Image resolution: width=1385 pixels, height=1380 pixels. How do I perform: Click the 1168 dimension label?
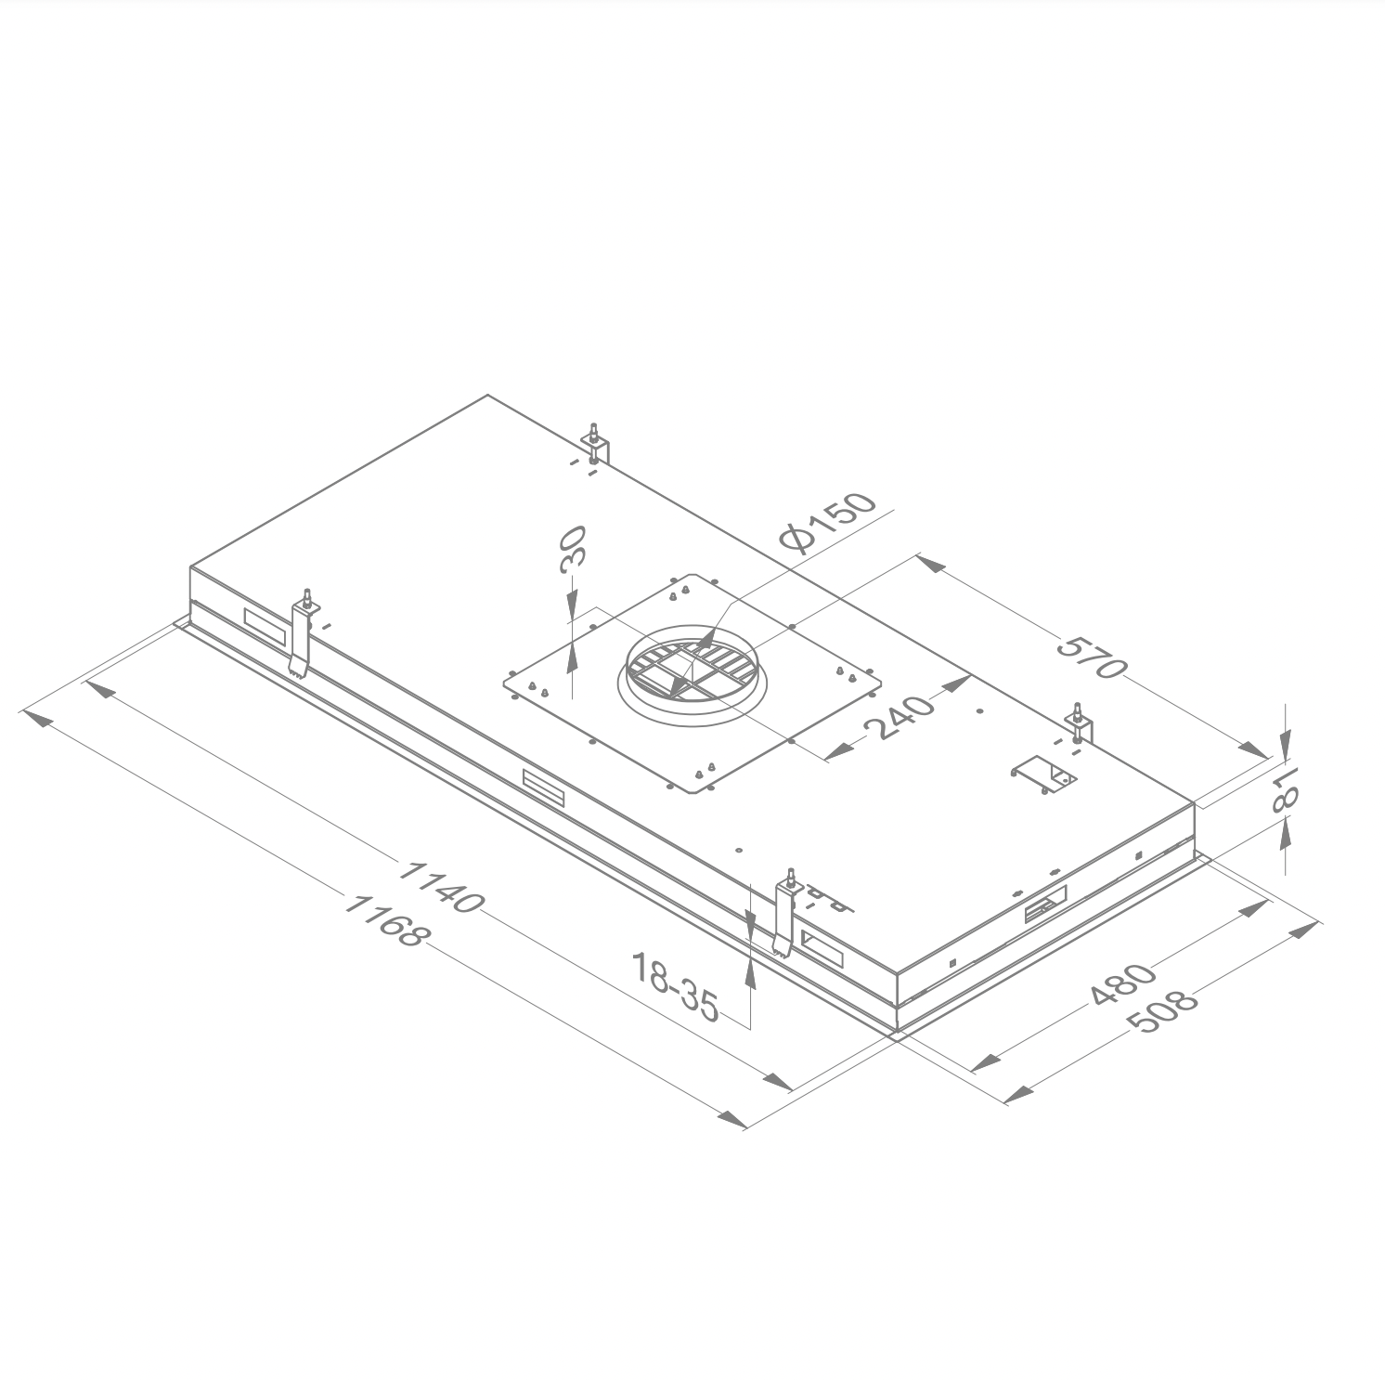(x=383, y=919)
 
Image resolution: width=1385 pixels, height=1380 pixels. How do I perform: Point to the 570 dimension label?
(x=1092, y=657)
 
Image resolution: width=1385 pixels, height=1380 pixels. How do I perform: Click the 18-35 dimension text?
(x=675, y=985)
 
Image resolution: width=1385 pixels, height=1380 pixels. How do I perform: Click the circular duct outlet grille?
(x=691, y=671)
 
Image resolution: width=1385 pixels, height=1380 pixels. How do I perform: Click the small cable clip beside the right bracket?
(x=1043, y=774)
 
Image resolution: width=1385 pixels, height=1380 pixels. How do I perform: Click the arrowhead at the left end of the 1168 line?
(x=36, y=719)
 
